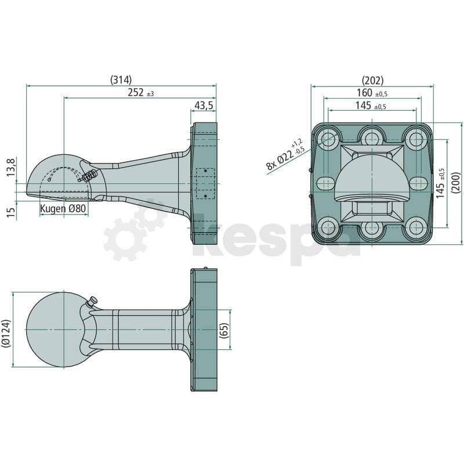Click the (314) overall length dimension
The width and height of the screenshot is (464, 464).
click(121, 80)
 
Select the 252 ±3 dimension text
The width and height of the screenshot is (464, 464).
click(141, 93)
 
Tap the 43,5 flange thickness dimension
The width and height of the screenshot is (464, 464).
click(204, 106)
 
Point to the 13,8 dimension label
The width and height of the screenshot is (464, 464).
click(11, 168)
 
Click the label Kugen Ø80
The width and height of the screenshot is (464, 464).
click(63, 208)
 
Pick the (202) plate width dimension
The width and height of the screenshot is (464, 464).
click(372, 80)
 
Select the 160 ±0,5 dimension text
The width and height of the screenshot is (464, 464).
click(372, 93)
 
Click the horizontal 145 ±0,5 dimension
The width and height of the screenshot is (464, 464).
click(371, 106)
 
